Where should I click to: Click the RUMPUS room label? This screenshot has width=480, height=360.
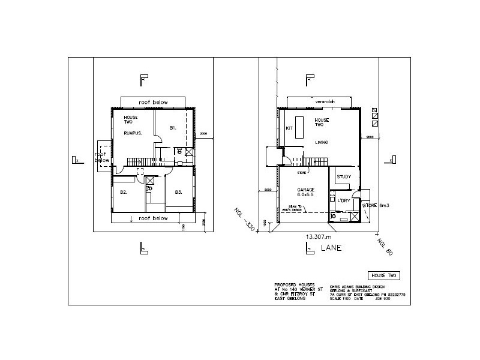pyautogui.click(x=133, y=133)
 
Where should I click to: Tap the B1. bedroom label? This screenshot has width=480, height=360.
pyautogui.click(x=172, y=128)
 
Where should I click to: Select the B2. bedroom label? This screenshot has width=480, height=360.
pyautogui.click(x=123, y=192)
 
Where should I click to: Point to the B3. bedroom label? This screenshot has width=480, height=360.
pyautogui.click(x=178, y=192)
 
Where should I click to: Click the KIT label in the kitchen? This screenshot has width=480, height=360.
pyautogui.click(x=289, y=128)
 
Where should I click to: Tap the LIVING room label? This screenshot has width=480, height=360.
pyautogui.click(x=323, y=142)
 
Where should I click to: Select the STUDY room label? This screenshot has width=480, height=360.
pyautogui.click(x=344, y=177)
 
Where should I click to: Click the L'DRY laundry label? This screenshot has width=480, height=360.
pyautogui.click(x=344, y=200)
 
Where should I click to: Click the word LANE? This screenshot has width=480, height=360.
pyautogui.click(x=329, y=247)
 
